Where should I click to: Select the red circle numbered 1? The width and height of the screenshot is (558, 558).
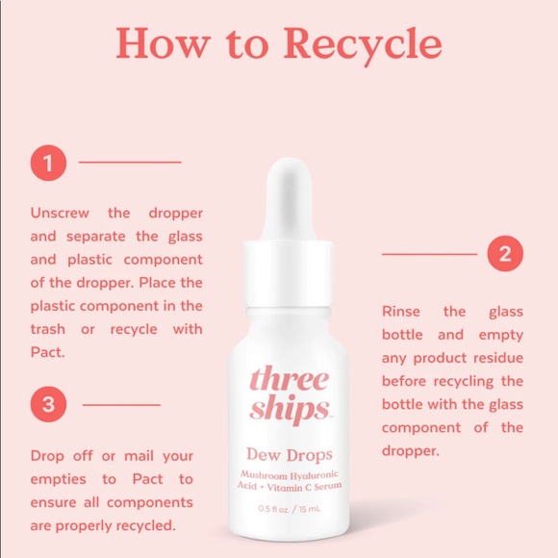point(48,162)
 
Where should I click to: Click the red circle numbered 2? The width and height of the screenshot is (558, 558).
point(504,254)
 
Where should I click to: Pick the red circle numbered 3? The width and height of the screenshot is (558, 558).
point(48,404)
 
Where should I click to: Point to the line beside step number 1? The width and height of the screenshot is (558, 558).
point(129,162)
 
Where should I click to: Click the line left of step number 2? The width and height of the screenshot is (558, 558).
point(429,254)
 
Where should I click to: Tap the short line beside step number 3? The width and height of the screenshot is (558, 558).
point(121,404)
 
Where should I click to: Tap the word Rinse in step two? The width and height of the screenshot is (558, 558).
point(401,312)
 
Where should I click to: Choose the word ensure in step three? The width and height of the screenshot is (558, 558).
point(53,502)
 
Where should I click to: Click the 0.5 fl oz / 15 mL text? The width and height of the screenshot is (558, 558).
point(289,508)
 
